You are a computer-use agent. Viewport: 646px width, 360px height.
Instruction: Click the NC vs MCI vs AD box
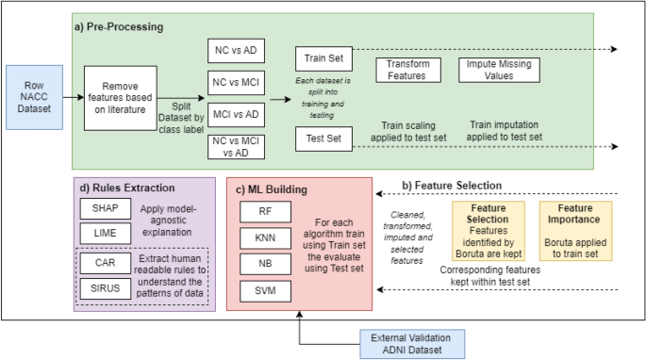[236, 146]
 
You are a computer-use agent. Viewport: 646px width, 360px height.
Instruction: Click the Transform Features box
[409, 71]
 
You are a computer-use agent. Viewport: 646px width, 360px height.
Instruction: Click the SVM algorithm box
[265, 292]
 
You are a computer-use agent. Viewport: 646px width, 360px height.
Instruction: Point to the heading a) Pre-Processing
[120, 26]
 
